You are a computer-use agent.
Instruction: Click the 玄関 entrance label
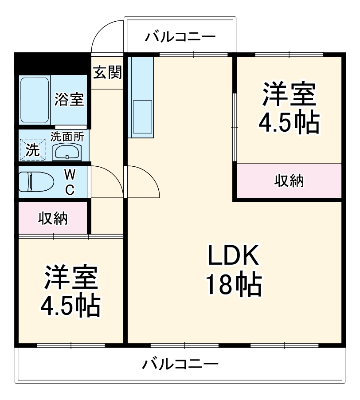click(x=107, y=72)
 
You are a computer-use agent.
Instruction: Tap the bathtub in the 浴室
click(x=34, y=100)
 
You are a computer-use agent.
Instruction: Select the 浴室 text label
click(x=69, y=99)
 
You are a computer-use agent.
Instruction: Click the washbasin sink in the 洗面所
click(x=67, y=152)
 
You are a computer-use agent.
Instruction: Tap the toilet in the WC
click(x=35, y=181)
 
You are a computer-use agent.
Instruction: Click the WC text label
click(x=70, y=181)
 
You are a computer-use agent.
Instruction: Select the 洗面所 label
click(x=67, y=137)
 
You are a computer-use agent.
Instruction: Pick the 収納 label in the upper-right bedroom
click(x=289, y=180)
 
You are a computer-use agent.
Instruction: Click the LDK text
click(x=233, y=257)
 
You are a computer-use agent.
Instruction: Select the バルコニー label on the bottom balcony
click(x=180, y=365)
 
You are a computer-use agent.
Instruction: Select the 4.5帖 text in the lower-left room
click(x=70, y=305)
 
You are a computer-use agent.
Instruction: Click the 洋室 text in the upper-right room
click(x=289, y=94)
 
